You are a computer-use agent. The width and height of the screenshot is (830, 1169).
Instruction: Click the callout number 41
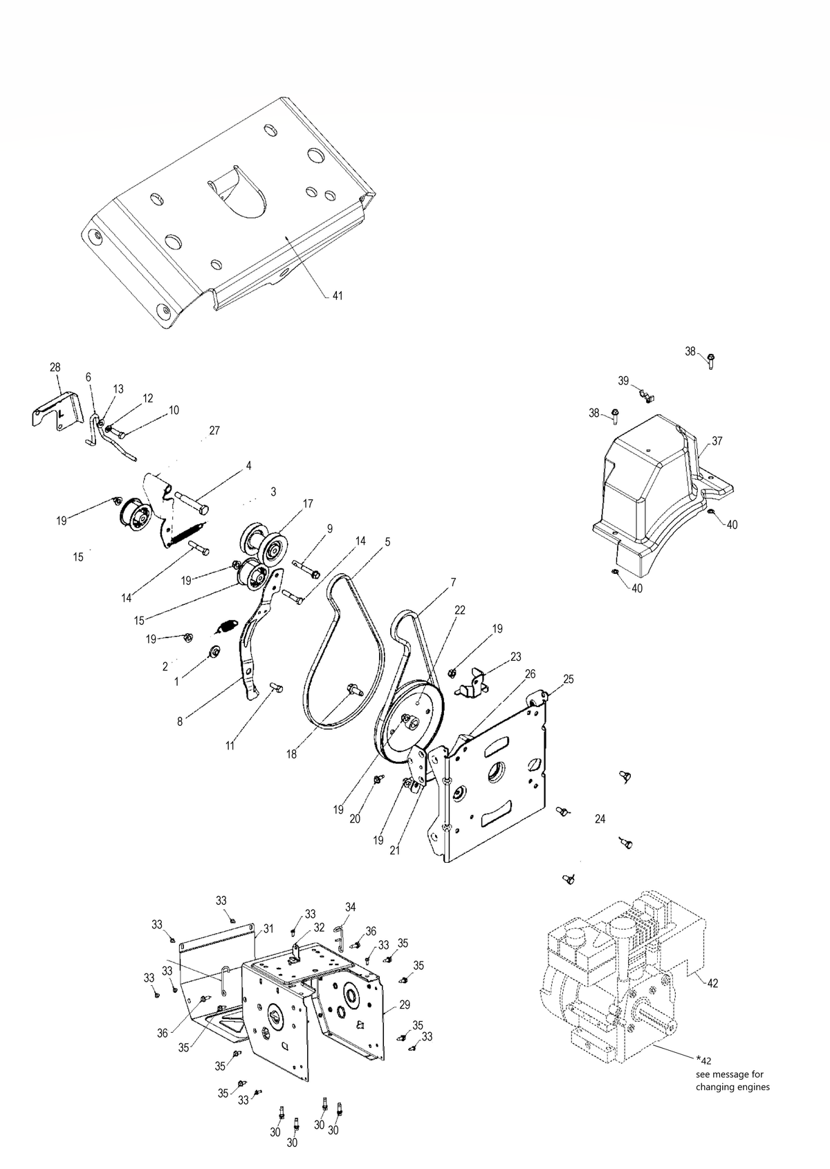[338, 296]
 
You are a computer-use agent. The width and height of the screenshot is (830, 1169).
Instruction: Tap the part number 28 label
[55, 367]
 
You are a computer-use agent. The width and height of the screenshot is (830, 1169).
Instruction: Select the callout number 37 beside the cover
[717, 441]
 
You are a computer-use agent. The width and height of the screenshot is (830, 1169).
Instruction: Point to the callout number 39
[623, 381]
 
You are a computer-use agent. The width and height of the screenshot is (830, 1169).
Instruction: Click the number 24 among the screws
[600, 819]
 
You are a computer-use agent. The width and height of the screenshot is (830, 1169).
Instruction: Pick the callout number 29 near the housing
[404, 1004]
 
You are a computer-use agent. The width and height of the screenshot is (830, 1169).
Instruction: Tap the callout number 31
[268, 929]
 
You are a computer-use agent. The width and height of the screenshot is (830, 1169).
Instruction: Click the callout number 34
[350, 907]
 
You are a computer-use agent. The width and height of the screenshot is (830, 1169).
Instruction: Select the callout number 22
[460, 610]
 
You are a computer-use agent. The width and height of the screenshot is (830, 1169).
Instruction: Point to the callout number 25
[569, 679]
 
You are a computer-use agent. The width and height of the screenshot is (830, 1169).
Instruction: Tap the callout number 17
[308, 503]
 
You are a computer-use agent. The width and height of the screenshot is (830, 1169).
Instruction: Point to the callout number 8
[180, 722]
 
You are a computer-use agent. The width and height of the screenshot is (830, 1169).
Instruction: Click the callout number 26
[531, 674]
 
